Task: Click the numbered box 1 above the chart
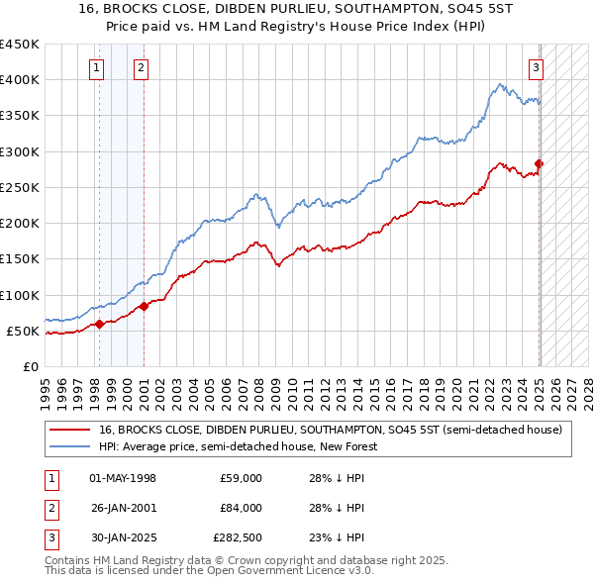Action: tap(97, 68)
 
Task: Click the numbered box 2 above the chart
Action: tap(141, 68)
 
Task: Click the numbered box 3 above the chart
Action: tap(536, 68)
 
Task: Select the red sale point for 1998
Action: tap(100, 324)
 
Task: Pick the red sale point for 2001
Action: tap(145, 306)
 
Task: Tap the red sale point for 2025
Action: tap(540, 163)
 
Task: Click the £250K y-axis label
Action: tap(20, 187)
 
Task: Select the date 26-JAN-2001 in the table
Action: tap(123, 508)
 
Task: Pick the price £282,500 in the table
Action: tap(238, 537)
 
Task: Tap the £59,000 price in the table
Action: tap(241, 478)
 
